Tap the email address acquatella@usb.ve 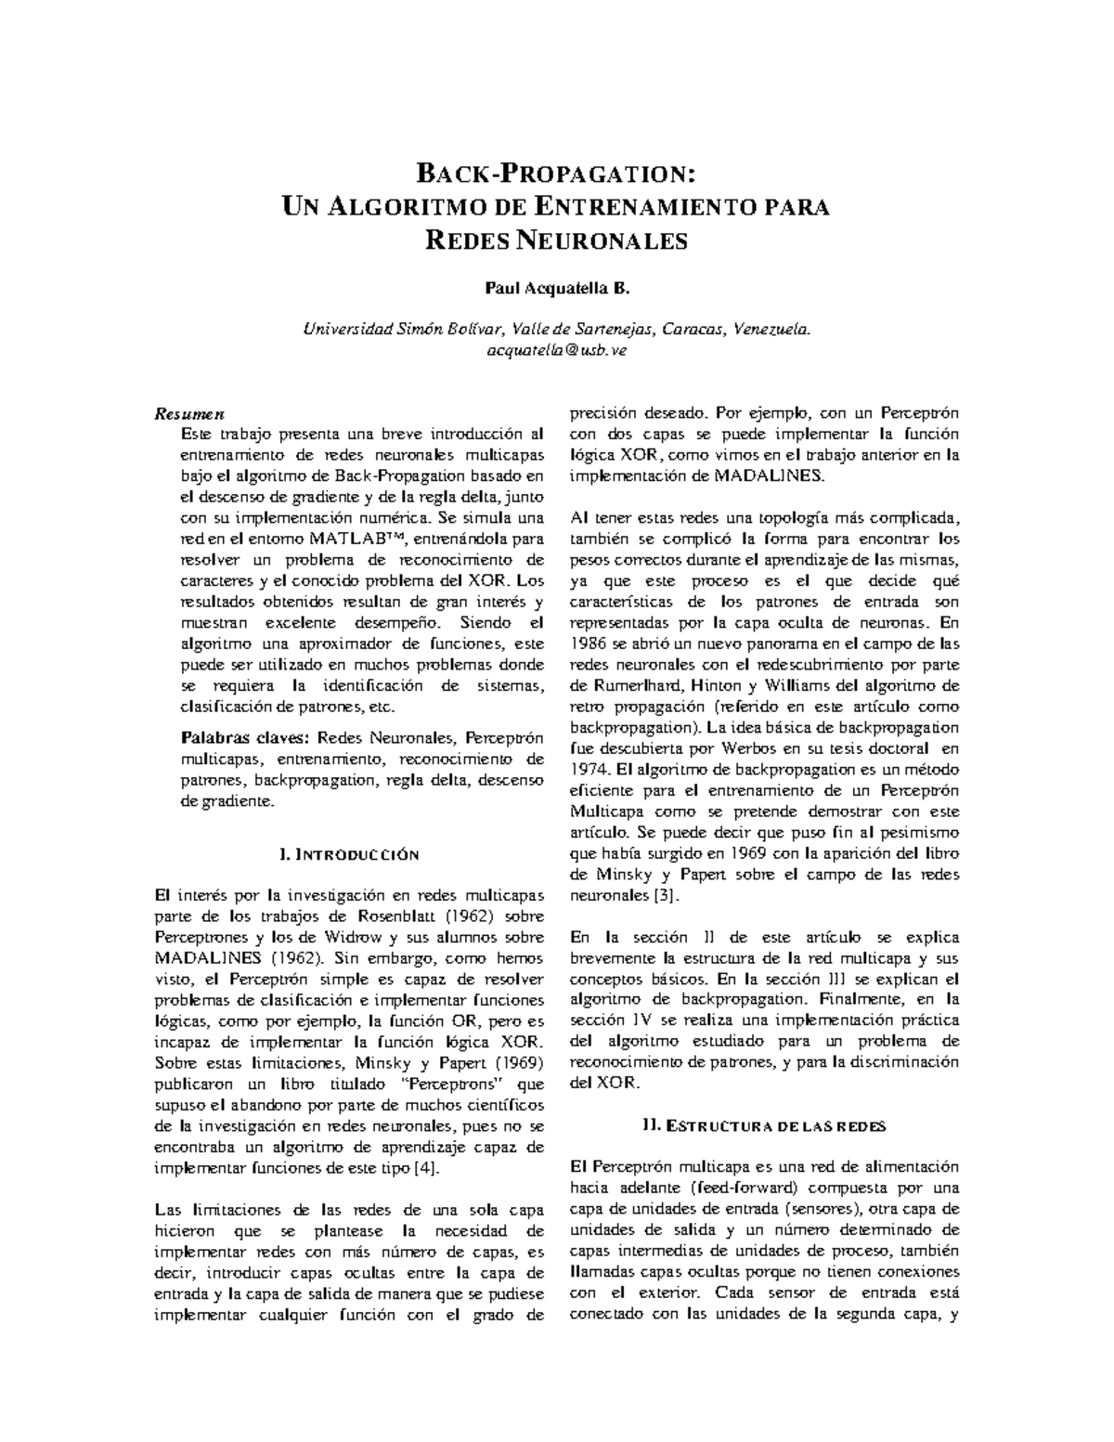coord(557,349)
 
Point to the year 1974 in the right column coord(587,769)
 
